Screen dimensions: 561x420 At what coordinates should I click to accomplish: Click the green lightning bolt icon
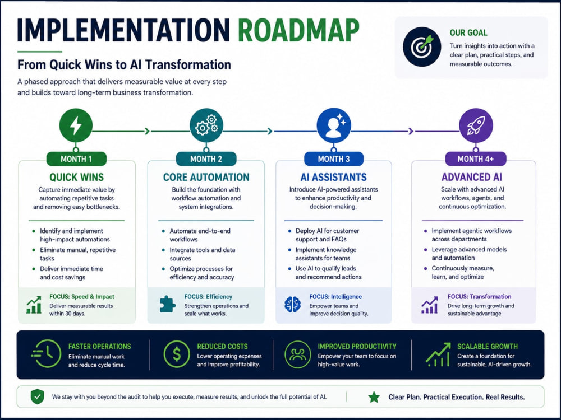click(76, 125)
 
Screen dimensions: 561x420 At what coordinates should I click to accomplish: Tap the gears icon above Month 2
click(206, 125)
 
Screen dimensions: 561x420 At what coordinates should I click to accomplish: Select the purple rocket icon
click(476, 125)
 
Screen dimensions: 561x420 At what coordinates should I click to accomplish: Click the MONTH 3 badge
click(334, 159)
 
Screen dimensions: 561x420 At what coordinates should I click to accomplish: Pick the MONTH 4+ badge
click(476, 159)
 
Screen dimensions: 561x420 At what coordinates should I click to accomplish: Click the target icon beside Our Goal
click(422, 47)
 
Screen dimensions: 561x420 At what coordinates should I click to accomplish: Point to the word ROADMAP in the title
click(298, 31)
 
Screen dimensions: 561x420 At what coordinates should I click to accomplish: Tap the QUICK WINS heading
click(76, 177)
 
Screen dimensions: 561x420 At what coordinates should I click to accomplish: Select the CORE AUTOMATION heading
click(206, 177)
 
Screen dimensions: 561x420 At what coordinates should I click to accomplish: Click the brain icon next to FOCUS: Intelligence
click(292, 305)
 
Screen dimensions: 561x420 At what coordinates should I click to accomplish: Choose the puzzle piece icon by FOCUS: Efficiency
click(167, 305)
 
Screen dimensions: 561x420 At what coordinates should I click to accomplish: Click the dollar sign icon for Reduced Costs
click(177, 354)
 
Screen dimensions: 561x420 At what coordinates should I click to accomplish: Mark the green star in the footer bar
click(374, 397)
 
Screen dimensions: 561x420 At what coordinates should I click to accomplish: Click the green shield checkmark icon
click(37, 397)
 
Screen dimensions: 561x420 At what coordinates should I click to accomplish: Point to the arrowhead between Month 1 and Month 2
click(147, 131)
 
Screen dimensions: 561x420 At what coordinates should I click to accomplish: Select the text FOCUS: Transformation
click(480, 296)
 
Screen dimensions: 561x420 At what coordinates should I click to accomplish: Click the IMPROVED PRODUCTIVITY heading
click(357, 347)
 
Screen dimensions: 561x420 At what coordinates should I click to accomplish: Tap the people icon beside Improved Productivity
click(298, 354)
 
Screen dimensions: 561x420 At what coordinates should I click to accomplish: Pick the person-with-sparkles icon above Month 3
click(334, 125)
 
